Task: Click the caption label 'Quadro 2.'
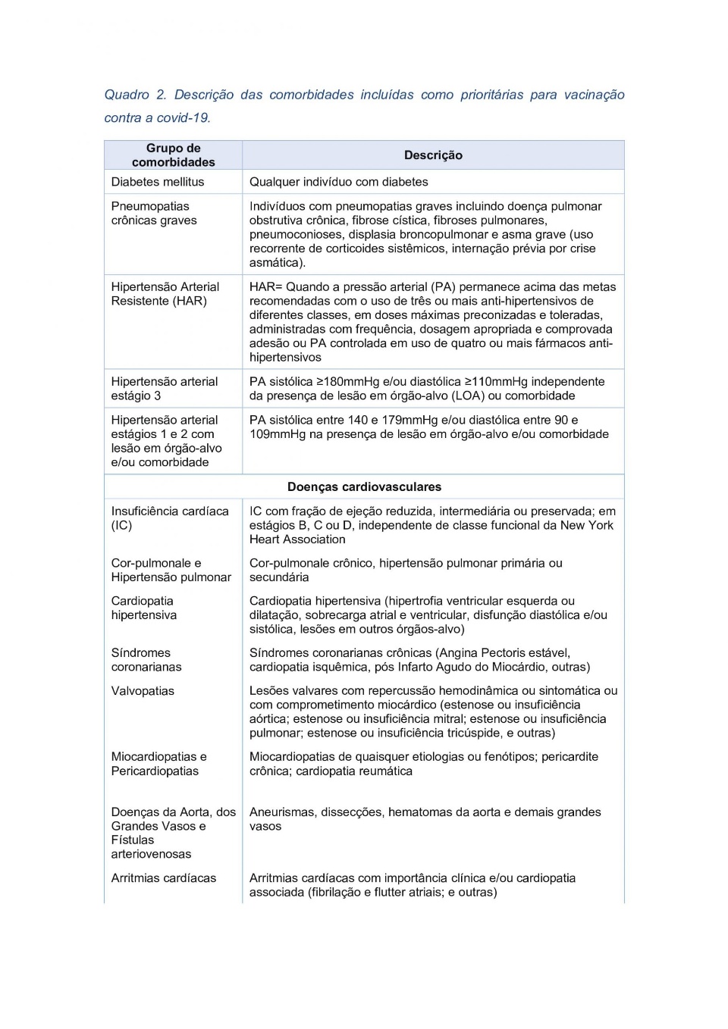[x=135, y=95]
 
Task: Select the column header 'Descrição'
[x=433, y=155]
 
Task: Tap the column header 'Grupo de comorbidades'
[x=173, y=155]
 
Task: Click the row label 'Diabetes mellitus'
[x=158, y=182]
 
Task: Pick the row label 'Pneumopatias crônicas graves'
[x=154, y=214]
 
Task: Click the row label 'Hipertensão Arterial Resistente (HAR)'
[x=165, y=294]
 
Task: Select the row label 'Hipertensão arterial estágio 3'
[x=165, y=389]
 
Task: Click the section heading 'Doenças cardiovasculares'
[x=364, y=487]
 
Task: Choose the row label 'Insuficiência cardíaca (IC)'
[x=170, y=518]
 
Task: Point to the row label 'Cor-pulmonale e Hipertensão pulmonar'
[x=171, y=571]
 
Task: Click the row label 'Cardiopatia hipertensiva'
[x=144, y=608]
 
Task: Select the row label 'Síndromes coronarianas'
[x=146, y=660]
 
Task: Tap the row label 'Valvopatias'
[x=143, y=691]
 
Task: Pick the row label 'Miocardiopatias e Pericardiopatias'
[x=158, y=764]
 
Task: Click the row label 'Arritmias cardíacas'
[x=164, y=878]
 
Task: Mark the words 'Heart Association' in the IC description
[x=297, y=540]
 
